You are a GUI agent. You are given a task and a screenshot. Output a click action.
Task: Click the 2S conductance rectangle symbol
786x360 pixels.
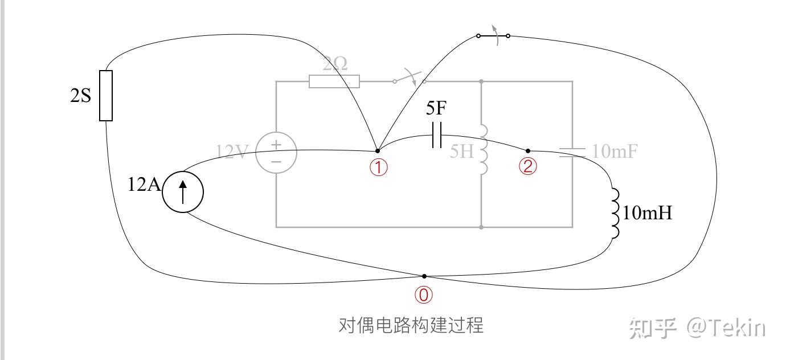click(x=106, y=96)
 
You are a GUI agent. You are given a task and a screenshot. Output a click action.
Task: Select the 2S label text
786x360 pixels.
click(x=80, y=96)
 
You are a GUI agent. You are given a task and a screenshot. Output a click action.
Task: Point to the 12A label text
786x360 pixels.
click(x=145, y=185)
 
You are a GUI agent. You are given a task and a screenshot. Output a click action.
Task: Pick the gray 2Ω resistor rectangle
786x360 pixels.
click(x=334, y=81)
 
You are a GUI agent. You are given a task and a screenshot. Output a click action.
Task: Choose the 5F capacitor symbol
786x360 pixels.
click(x=437, y=135)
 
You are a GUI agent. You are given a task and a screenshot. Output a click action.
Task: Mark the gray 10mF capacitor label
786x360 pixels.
click(x=615, y=152)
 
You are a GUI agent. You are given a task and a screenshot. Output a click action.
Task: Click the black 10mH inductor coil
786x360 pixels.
click(x=615, y=214)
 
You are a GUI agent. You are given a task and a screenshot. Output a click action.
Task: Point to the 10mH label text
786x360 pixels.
click(x=648, y=214)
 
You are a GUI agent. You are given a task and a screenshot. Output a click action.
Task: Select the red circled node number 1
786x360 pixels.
click(x=379, y=167)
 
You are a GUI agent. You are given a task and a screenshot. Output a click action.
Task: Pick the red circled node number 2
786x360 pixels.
click(x=528, y=166)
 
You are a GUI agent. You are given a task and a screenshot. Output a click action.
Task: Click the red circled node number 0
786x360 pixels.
click(x=424, y=294)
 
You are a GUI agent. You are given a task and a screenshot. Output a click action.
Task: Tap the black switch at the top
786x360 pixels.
click(x=493, y=35)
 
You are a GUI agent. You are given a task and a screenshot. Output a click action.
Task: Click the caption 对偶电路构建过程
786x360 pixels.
click(x=411, y=326)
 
